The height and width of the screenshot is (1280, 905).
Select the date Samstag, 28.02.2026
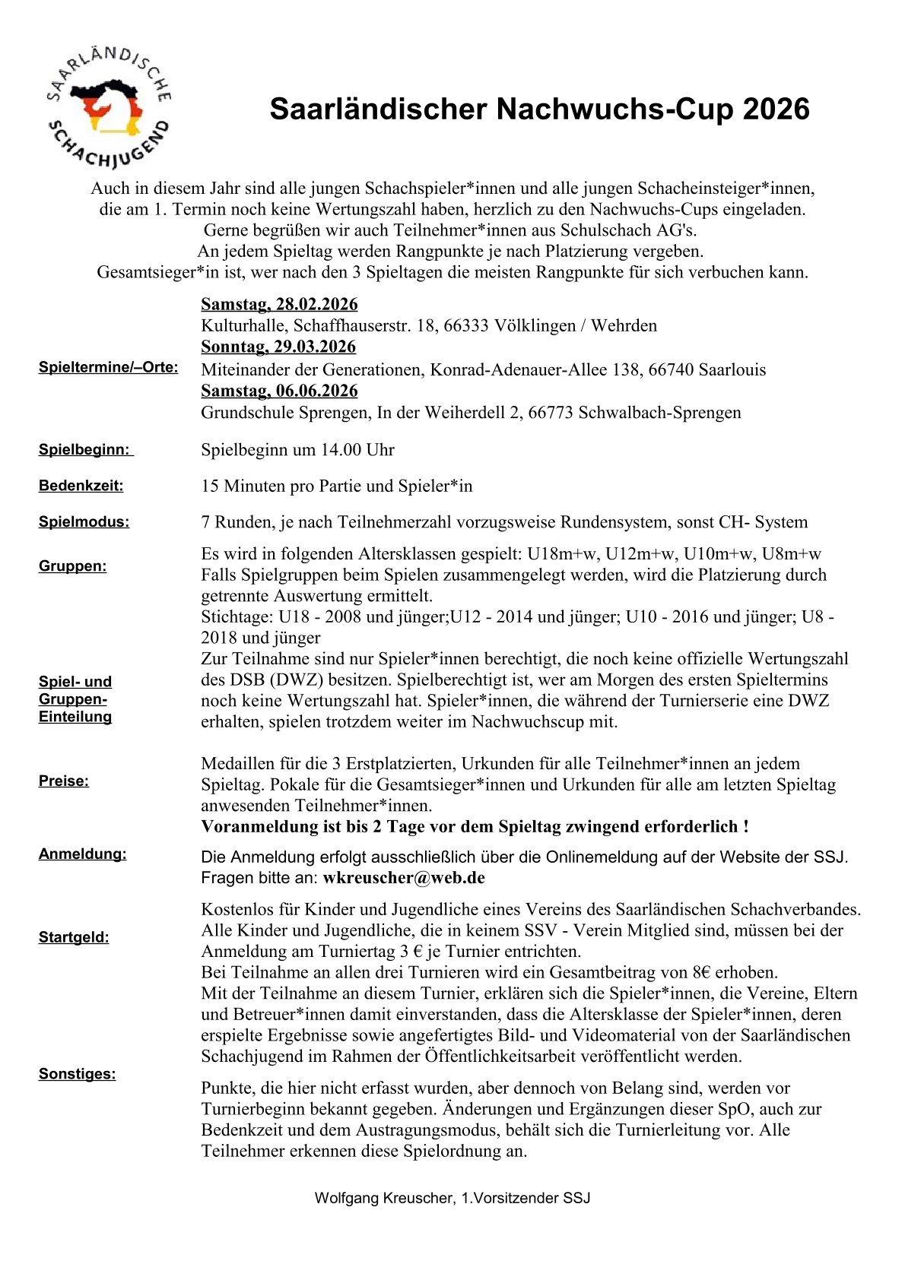[x=279, y=305]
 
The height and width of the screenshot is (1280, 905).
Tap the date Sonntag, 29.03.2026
[x=278, y=347]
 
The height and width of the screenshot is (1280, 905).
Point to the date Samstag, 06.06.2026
[x=279, y=391]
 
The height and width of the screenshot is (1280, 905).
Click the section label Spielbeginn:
[x=84, y=450]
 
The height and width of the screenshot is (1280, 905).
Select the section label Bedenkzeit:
[x=81, y=486]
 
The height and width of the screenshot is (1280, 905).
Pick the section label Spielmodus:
[x=84, y=522]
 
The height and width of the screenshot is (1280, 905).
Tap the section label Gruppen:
[x=73, y=566]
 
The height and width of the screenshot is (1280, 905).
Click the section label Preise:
[x=64, y=781]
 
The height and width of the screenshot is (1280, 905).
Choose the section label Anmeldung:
[x=82, y=854]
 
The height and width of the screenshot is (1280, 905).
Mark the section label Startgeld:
[x=74, y=938]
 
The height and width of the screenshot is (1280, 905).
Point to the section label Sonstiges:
[x=77, y=1074]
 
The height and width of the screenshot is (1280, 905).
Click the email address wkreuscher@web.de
[x=404, y=878]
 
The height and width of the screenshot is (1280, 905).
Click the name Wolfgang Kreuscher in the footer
[x=383, y=1199]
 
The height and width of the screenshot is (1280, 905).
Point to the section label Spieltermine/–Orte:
[x=108, y=368]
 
